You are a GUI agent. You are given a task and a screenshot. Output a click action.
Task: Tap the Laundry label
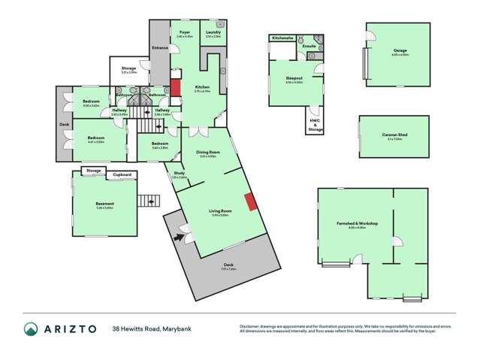pyautogui.click(x=213, y=32)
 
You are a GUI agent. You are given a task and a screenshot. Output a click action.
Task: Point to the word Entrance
pyautogui.click(x=160, y=48)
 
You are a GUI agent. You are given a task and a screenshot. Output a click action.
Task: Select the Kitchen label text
pyautogui.click(x=202, y=87)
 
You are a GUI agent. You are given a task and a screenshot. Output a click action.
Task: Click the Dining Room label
pyautogui.click(x=208, y=153)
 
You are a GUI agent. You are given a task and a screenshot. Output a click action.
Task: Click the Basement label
pyautogui.click(x=104, y=204)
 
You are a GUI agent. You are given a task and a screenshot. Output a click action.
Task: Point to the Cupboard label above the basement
pyautogui.click(x=122, y=175)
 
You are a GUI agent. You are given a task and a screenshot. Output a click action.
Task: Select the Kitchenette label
pyautogui.click(x=282, y=37)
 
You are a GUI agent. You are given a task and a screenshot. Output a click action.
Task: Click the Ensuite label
pyautogui.click(x=309, y=46)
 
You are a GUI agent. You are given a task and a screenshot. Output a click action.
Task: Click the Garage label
pyautogui.click(x=399, y=50)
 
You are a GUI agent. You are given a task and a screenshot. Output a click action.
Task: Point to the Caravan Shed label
pyautogui.click(x=394, y=135)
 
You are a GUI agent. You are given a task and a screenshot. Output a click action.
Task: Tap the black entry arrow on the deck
pyautogui.click(x=179, y=237)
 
